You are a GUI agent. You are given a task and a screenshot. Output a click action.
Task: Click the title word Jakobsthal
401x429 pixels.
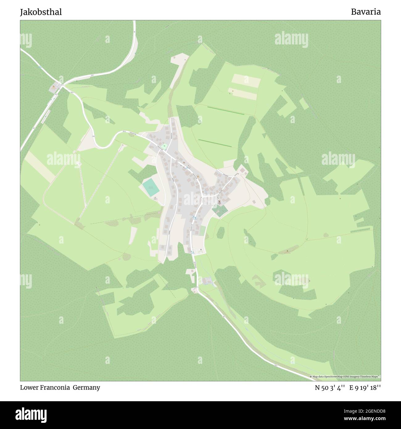[x=41, y=12]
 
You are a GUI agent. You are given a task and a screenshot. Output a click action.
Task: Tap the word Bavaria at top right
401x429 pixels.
[x=366, y=12]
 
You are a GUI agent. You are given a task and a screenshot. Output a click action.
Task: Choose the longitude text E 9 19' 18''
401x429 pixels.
[x=365, y=388]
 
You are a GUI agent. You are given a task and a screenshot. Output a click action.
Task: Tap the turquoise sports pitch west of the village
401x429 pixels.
[x=151, y=187]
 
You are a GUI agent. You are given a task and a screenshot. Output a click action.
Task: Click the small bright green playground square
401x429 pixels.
[x=164, y=146]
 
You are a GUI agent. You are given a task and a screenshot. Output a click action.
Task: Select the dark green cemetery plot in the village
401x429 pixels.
[x=220, y=210]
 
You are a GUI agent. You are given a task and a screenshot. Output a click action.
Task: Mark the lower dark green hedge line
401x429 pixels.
[x=215, y=143]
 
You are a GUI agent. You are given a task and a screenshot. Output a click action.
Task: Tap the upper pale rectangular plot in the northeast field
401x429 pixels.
[x=246, y=81]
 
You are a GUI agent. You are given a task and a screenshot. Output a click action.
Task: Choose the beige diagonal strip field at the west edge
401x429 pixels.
[x=40, y=167]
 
